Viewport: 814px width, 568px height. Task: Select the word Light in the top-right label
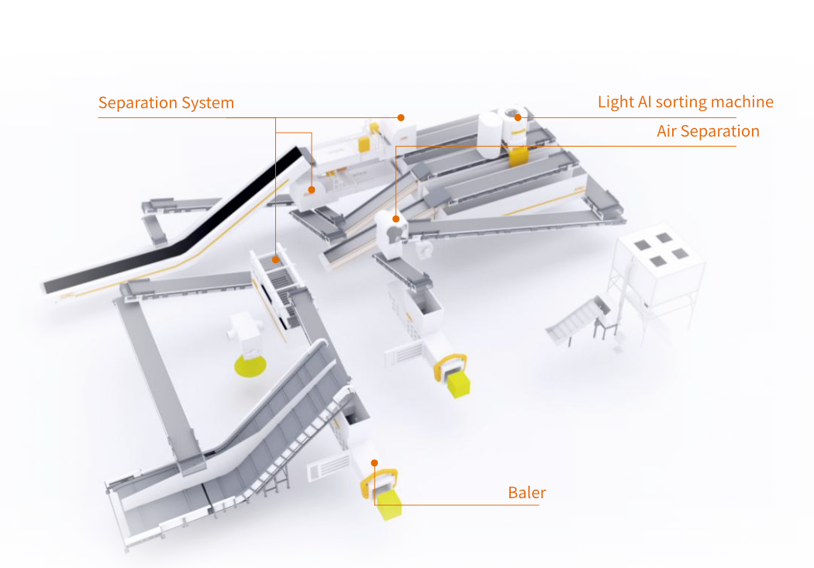[x=615, y=102]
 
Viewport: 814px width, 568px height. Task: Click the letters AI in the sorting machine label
[x=644, y=102]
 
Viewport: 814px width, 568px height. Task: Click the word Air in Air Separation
[x=668, y=130]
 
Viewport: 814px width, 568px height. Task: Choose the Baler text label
[x=527, y=493]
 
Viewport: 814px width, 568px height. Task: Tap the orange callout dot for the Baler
[x=374, y=462]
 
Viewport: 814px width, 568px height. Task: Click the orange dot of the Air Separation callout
[x=396, y=219]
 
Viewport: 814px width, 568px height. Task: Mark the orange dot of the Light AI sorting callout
[x=518, y=117]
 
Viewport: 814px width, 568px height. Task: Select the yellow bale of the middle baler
[x=459, y=383]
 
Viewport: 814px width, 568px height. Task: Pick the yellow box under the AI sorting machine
[x=518, y=154]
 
